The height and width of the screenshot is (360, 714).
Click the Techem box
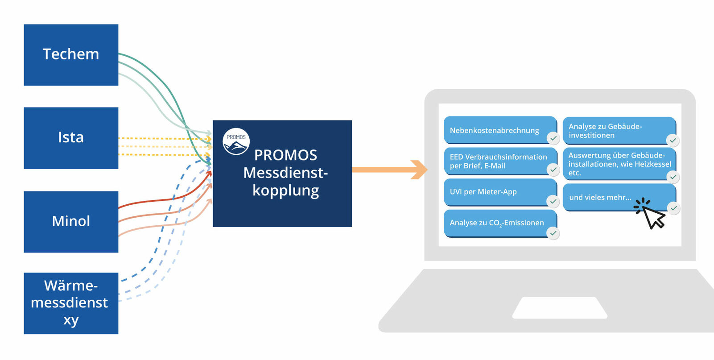tap(71, 55)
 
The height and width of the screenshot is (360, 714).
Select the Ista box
tap(71, 138)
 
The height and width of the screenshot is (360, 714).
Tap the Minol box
tap(71, 222)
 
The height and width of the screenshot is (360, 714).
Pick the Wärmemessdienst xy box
tap(71, 303)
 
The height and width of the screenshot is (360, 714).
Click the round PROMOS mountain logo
tap(236, 141)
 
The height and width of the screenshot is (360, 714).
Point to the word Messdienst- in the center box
tap(285, 173)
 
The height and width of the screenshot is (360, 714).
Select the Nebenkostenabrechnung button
tap(495, 130)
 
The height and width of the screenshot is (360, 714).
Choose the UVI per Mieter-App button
tap(495, 192)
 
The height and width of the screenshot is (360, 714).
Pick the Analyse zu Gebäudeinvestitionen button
tap(615, 131)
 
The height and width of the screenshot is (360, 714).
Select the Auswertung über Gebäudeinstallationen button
tap(618, 164)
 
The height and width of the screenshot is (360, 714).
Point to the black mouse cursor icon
tap(652, 216)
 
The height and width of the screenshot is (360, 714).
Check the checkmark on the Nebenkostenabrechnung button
tap(553, 138)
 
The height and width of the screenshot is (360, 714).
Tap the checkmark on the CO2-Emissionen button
tap(553, 233)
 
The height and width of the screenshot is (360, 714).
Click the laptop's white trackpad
tap(560, 307)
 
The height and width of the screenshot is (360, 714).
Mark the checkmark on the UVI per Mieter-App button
tap(553, 202)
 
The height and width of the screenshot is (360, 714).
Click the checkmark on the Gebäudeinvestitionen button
tap(673, 141)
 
